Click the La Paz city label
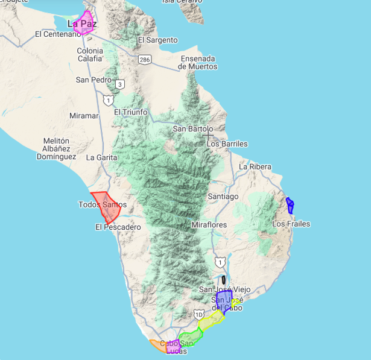coord(81,24)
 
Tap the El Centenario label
coord(58,34)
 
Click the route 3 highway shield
coord(121,84)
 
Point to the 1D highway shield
coord(199,314)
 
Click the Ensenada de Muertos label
coord(199,63)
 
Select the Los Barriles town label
coord(227,144)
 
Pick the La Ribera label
coord(255,167)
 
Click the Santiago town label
coord(223,197)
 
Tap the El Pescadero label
coord(118,227)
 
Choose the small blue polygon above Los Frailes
coord(290,206)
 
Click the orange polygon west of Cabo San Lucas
coord(158,346)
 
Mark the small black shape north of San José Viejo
coord(224,280)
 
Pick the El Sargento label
coord(157,40)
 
